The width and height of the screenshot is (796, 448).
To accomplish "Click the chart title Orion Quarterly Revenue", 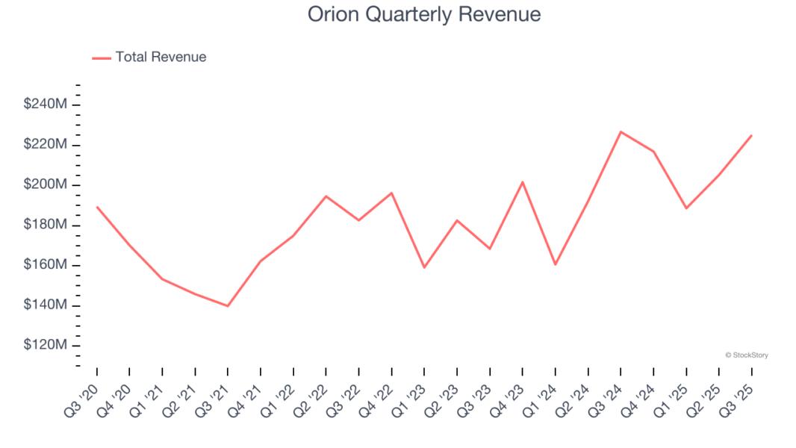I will tap(424, 14).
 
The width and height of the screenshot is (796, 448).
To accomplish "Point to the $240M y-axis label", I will tap(46, 104).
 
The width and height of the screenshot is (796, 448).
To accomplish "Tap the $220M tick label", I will tap(46, 144).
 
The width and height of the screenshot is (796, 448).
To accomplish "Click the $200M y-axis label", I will tap(46, 184).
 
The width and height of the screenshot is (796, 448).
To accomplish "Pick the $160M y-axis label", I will tap(46, 265).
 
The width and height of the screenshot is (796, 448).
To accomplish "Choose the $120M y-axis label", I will tap(46, 346).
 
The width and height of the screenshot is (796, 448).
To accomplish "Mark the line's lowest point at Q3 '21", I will tap(228, 306).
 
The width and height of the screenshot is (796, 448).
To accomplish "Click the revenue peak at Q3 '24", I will tap(621, 131).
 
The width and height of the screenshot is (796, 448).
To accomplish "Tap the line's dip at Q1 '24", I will tap(556, 264).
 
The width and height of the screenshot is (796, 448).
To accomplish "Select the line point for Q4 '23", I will tap(523, 181).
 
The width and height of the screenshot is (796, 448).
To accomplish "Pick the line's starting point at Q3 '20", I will tap(97, 207).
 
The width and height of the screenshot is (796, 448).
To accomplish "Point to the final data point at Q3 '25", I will tap(751, 135).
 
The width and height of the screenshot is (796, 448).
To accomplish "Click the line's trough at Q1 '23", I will tap(424, 267).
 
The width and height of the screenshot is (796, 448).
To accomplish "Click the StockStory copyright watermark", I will tap(747, 355).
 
